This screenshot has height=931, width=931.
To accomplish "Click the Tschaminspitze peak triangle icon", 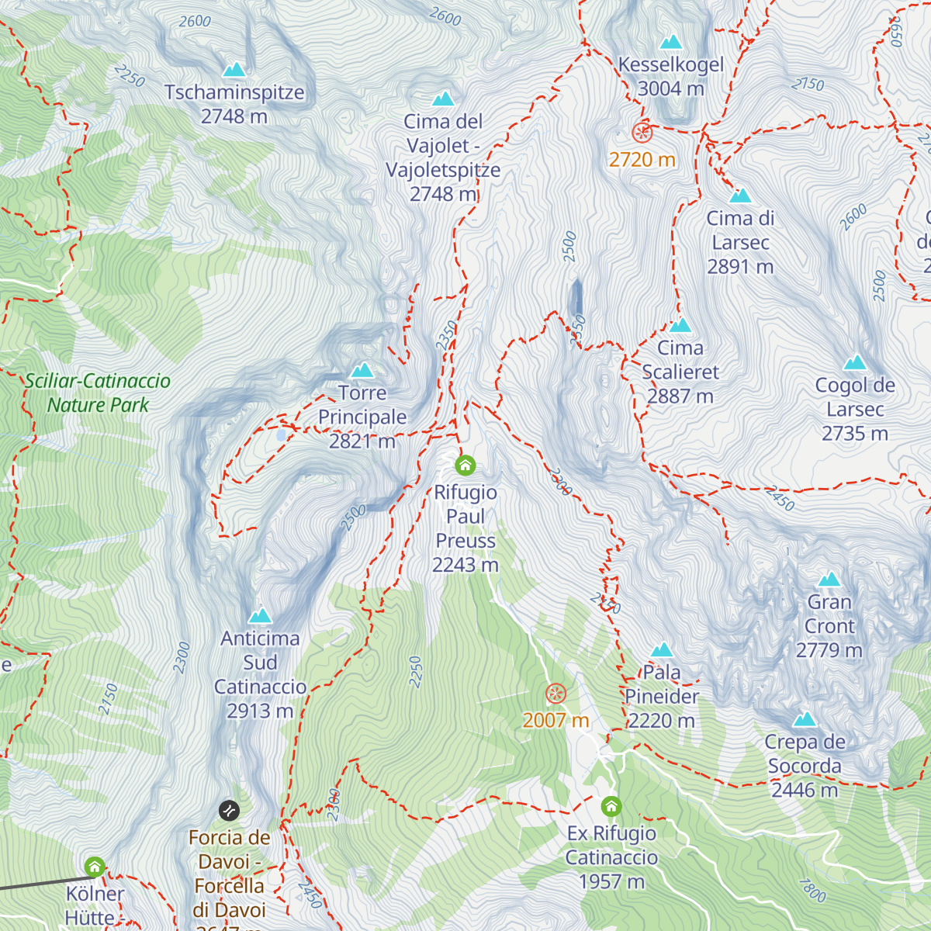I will [234, 71].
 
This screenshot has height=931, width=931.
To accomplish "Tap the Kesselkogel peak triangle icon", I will [670, 43].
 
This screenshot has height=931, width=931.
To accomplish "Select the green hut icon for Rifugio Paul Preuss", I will [465, 465].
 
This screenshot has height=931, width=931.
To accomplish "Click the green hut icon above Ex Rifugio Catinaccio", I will [611, 807].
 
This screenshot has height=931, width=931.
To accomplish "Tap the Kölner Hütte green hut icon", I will [95, 867].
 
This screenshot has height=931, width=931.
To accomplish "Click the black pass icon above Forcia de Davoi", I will [229, 811].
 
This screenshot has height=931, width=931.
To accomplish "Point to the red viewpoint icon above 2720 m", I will [642, 133].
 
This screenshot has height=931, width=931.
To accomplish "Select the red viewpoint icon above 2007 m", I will [555, 694].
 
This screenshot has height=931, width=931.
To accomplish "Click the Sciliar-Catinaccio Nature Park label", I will [98, 393].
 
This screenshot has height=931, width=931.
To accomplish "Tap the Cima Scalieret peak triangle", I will [680, 325].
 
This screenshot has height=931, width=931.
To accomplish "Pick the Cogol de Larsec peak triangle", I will [854, 363].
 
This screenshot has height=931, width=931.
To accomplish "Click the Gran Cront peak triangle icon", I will [829, 580].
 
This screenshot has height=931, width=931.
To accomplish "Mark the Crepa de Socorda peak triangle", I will [805, 720].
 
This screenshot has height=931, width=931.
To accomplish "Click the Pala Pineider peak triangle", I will [661, 650].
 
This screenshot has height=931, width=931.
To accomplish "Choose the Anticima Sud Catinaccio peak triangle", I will [260, 616].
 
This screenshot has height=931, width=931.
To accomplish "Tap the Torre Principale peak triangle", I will [362, 371].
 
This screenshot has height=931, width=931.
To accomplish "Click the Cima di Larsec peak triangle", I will [740, 196].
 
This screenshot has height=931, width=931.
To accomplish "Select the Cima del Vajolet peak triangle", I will [442, 99].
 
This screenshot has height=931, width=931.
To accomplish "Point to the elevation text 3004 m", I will [670, 89].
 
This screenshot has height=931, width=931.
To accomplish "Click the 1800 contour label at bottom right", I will [812, 891].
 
